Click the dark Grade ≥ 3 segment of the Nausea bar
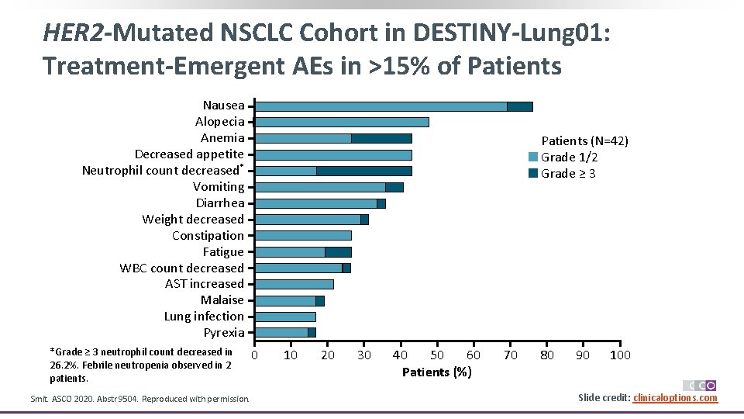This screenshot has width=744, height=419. (x=520, y=106)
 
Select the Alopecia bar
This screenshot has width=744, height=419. (x=342, y=122)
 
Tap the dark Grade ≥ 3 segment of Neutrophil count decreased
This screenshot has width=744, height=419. (x=363, y=171)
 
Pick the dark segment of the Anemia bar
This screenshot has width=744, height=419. (x=381, y=138)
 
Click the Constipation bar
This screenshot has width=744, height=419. (x=303, y=235)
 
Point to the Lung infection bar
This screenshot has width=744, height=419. (x=285, y=317)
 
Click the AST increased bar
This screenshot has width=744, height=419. (x=294, y=284)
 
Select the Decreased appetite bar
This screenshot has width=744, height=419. (x=333, y=154)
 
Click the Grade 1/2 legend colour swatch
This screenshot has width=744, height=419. (x=533, y=158)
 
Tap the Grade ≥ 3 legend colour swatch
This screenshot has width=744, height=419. (x=533, y=173)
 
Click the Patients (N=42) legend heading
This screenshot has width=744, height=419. (x=584, y=140)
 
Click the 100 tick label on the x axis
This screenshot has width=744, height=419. (x=620, y=355)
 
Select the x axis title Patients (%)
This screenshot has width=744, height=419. (x=436, y=372)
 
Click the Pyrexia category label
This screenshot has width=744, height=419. (x=224, y=333)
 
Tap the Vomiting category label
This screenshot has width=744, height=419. (x=219, y=187)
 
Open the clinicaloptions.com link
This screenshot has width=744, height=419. (x=675, y=398)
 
